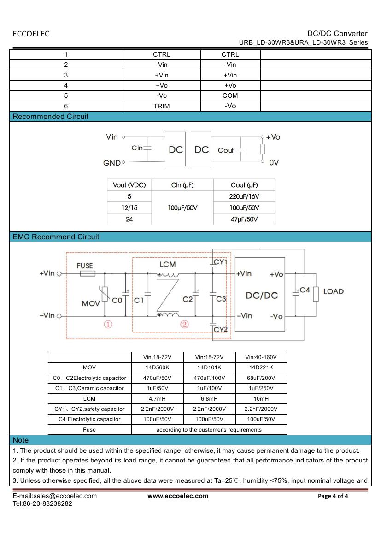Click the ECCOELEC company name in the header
(31, 34)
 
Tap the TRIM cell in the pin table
(161, 106)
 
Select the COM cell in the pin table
(230, 95)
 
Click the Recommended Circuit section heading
(51, 117)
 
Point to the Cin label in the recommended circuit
(137, 148)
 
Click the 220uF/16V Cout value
(244, 196)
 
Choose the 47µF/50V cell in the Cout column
(244, 219)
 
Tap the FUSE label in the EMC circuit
(85, 266)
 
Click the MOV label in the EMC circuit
(91, 303)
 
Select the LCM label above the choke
(167, 264)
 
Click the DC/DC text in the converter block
(262, 295)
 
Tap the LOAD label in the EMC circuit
(334, 291)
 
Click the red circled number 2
(184, 324)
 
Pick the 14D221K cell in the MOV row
(261, 367)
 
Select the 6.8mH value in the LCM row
(209, 399)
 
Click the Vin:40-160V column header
(261, 357)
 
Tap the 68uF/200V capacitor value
(261, 378)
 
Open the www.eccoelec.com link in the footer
(178, 496)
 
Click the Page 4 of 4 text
(333, 496)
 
